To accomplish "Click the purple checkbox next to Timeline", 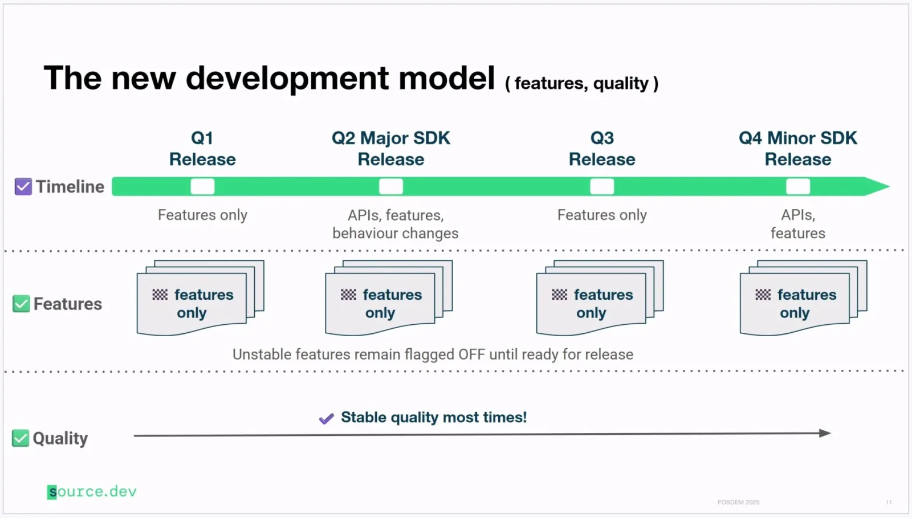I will point(23,186).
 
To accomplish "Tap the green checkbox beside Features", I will point(21,304).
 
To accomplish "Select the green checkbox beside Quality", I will point(21,438).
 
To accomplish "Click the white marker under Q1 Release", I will point(202,186).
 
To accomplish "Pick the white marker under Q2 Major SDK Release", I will point(391,186).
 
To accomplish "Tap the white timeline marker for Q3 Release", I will point(602,186).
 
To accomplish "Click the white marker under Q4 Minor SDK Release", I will point(797,186).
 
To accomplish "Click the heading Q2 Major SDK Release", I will point(391,148).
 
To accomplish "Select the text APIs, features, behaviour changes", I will point(395,224).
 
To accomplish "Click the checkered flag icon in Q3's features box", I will point(559,295).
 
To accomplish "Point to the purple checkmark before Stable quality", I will point(326,419).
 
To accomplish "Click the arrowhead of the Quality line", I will point(825,433).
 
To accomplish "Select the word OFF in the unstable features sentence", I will point(471,354).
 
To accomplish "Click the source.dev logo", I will point(92,492).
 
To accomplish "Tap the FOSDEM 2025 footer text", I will point(738,502).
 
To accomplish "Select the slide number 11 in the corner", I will point(889,502).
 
